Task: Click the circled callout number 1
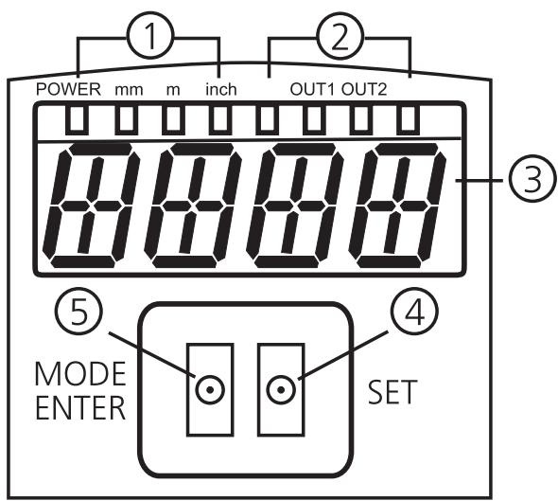pos(151,36)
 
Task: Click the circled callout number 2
pos(340,36)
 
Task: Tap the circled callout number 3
pos(532,180)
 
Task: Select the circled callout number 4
pos(414,311)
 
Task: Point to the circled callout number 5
pos(79,311)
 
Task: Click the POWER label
pos(69,89)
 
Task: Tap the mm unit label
pos(129,90)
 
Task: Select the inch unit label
pos(221,89)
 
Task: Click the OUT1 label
pos(312,89)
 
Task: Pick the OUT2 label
pos(364,89)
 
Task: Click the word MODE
pos(80,374)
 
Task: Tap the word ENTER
pos(80,407)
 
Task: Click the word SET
pos(392,392)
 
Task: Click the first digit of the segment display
pos(91,206)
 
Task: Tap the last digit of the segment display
pos(397,206)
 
